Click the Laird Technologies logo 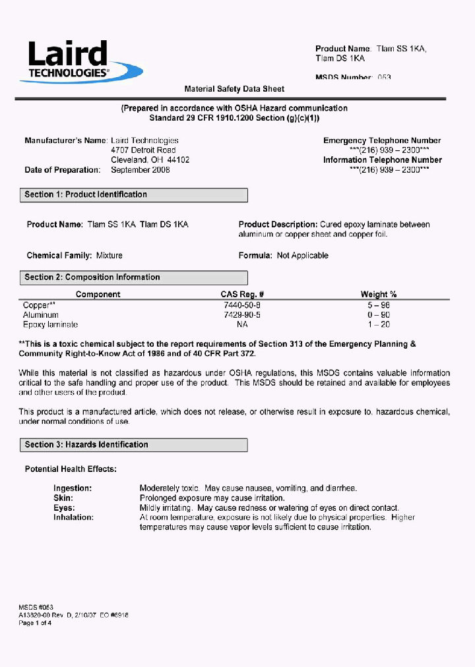pos(80,61)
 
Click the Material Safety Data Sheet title pos(234,89)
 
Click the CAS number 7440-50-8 pos(242,305)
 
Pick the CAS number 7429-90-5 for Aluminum pos(242,315)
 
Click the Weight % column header pos(378,295)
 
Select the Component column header pos(98,295)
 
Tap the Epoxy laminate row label pos(50,324)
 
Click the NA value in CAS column pos(242,324)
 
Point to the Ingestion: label pos(73,488)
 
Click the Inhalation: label pos(73,517)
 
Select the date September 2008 pos(141,170)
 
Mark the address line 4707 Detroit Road pos(143,150)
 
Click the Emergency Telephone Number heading pos(382,140)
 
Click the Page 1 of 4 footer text pos(35,623)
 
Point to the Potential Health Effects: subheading pos(71,469)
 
